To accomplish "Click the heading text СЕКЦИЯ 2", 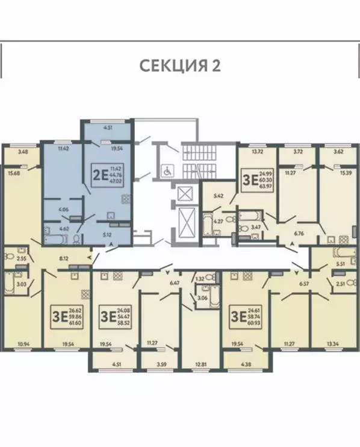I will [x=180, y=64].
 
